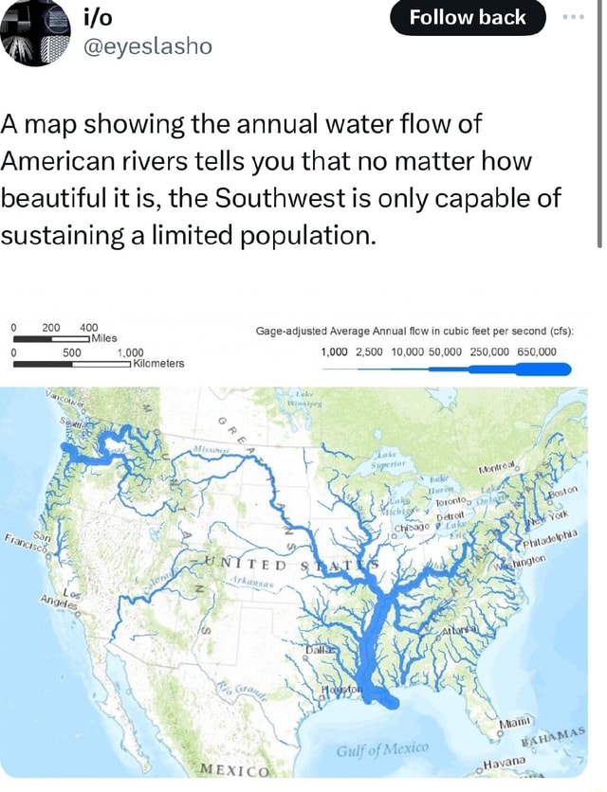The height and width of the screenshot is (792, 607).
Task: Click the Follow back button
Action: point(468,17)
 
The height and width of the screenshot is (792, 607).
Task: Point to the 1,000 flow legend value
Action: point(335,352)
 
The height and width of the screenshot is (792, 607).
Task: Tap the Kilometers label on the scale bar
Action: point(159,363)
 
